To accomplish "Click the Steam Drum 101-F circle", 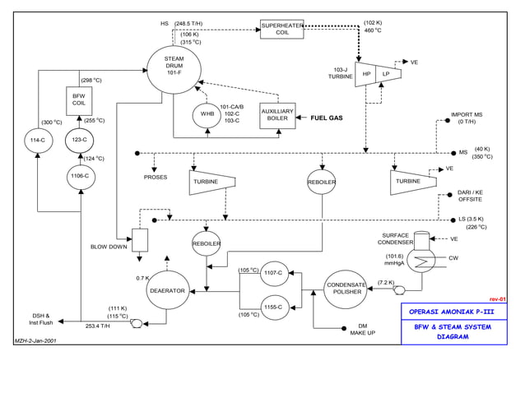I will tap(174, 66).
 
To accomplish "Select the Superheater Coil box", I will tap(282, 29).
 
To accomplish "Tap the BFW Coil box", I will tap(79, 99).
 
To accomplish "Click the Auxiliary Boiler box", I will tap(277, 116).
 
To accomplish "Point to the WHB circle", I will tap(207, 114).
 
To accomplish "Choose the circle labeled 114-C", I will tap(37, 140).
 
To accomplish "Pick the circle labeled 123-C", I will tap(80, 140).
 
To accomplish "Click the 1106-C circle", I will tap(80, 176).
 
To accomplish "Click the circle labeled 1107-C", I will tap(275, 272).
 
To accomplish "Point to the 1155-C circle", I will tap(275, 308).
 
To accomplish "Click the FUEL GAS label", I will tap(326, 118).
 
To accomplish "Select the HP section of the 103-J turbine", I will tap(366, 73).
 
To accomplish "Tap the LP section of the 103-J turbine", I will tap(386, 73).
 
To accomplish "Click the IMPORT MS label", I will tap(467, 115).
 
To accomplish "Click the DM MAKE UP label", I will tap(363, 329).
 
